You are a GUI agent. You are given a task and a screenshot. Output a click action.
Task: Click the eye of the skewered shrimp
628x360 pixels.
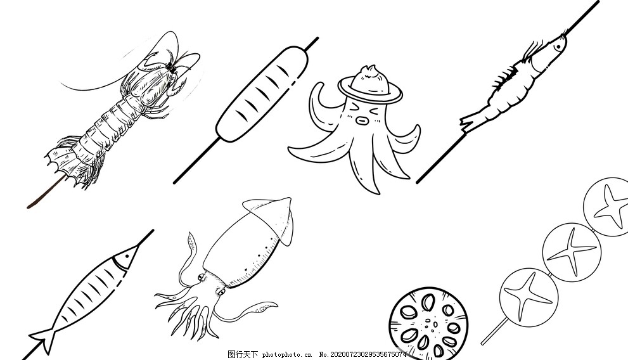[557, 48]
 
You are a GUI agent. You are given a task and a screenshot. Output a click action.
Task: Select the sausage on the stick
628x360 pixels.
[262, 94]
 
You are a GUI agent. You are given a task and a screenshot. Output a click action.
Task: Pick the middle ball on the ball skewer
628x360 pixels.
[572, 252]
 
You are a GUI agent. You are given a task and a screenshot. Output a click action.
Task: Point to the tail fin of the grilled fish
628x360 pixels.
[44, 340]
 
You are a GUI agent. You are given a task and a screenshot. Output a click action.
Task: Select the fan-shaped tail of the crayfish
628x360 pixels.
[68, 164]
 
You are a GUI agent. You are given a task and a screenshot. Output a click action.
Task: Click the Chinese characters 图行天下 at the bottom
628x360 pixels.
[243, 354]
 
